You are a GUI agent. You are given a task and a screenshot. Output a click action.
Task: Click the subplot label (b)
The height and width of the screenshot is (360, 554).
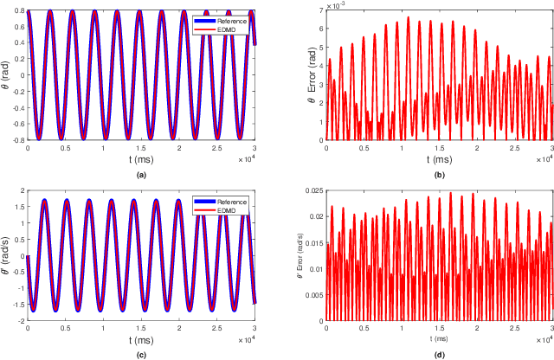pos(439,174)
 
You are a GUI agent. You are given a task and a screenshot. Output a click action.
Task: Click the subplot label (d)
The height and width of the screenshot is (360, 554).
pos(439,352)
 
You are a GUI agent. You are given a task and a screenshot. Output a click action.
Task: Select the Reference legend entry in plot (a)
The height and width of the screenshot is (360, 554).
pos(226,17)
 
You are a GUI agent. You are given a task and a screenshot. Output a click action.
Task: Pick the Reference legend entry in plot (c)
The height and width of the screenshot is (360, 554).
pos(226,201)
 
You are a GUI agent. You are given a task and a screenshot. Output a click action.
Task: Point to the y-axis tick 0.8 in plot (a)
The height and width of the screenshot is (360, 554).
pos(18,11)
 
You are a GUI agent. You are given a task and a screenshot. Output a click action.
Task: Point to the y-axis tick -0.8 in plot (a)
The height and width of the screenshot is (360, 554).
pos(16,139)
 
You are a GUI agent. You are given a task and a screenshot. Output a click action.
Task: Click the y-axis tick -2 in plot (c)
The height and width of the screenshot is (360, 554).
pos(20,319)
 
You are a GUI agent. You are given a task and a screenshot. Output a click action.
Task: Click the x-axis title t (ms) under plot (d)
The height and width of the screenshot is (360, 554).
pos(439,337)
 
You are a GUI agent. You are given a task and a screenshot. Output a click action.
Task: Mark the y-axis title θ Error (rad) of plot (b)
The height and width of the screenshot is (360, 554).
pos(302,74)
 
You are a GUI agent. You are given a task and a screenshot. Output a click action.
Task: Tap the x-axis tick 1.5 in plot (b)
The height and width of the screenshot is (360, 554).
pos(439,147)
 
